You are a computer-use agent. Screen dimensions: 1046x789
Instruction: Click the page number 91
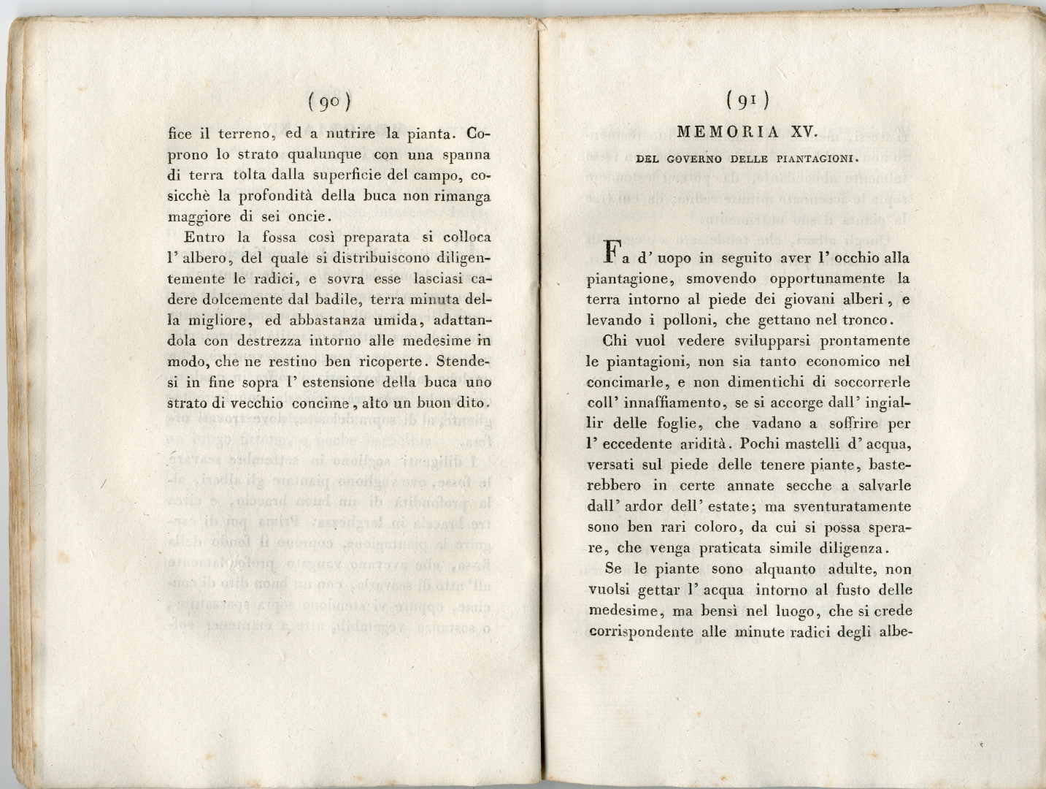click(747, 102)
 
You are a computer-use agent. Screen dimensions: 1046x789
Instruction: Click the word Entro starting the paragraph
click(205, 237)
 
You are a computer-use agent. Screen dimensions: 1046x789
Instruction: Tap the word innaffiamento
click(675, 402)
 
